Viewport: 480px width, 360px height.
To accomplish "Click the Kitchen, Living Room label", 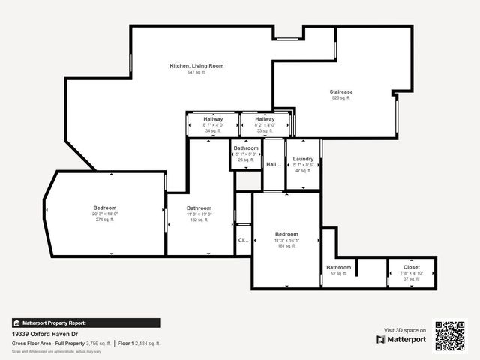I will pyautogui.click(x=196, y=66).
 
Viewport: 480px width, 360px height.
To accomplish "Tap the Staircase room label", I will pyautogui.click(x=341, y=92).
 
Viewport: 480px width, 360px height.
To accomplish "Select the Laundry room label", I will pyautogui.click(x=303, y=159).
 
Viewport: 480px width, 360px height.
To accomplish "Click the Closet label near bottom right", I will pyautogui.click(x=412, y=266).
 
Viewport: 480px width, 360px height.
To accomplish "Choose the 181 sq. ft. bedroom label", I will pyautogui.click(x=286, y=234).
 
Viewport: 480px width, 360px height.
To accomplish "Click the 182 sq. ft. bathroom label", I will pyautogui.click(x=199, y=208).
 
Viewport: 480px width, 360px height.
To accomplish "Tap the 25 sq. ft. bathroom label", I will pyautogui.click(x=246, y=148).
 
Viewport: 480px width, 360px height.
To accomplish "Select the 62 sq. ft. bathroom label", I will pyautogui.click(x=338, y=268).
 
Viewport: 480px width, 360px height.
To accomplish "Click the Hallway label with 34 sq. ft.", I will pyautogui.click(x=213, y=119).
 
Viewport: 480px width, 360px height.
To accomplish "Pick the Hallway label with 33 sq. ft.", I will pyautogui.click(x=265, y=119).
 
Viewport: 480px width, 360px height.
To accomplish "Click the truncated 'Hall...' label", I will pyautogui.click(x=274, y=164).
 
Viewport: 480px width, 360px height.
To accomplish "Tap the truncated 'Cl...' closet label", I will pyautogui.click(x=243, y=241).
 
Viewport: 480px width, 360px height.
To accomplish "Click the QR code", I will pyautogui.click(x=450, y=336).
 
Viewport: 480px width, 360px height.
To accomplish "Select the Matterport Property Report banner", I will pyautogui.click(x=85, y=322).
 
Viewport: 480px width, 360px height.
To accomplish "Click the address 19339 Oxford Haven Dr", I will pyautogui.click(x=45, y=334).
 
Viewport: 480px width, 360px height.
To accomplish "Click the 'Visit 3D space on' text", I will pyautogui.click(x=405, y=330).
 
